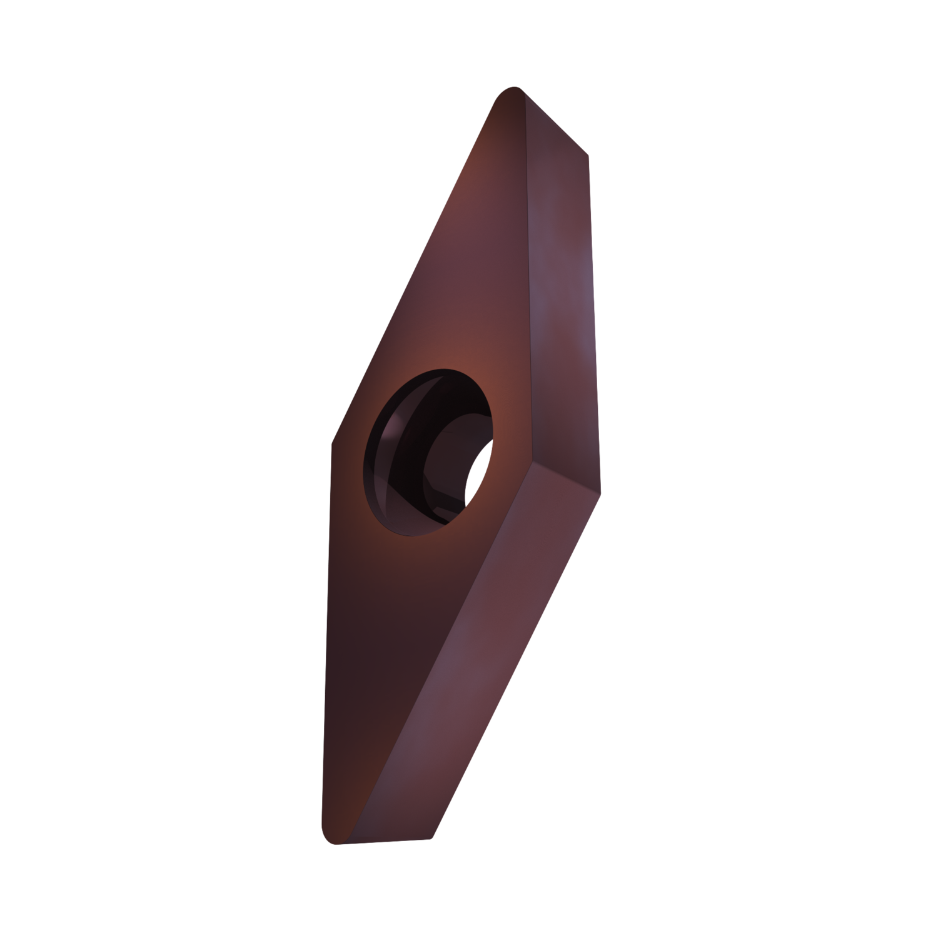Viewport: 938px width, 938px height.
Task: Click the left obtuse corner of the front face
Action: coord(333,438)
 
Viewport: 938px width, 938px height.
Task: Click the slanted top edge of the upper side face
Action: coord(553,122)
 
